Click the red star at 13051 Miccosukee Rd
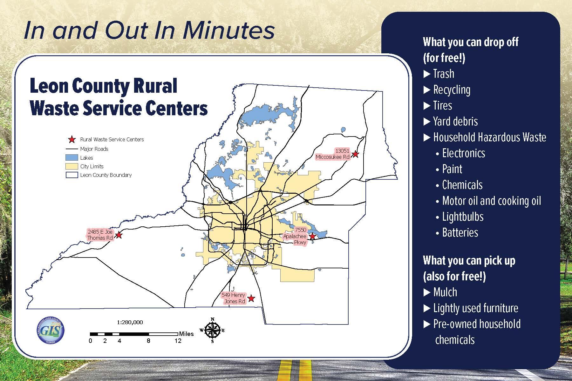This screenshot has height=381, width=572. (356, 154)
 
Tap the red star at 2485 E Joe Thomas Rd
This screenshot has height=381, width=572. (119, 235)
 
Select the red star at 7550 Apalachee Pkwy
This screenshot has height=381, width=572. (312, 236)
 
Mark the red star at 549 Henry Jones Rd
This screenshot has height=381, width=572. (251, 298)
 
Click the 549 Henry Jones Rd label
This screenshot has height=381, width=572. (234, 298)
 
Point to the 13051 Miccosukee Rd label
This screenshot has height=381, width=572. (333, 154)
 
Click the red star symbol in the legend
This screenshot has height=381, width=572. (72, 139)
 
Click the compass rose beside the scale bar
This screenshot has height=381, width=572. (212, 330)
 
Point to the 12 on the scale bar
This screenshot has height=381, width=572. (178, 341)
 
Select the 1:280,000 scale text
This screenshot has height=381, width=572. (130, 322)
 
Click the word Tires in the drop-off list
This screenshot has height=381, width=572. (442, 105)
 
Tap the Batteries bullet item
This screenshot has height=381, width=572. (460, 232)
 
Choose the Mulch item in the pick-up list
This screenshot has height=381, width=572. (445, 292)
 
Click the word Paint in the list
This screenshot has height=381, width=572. (452, 169)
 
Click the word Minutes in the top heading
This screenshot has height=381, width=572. (228, 31)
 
